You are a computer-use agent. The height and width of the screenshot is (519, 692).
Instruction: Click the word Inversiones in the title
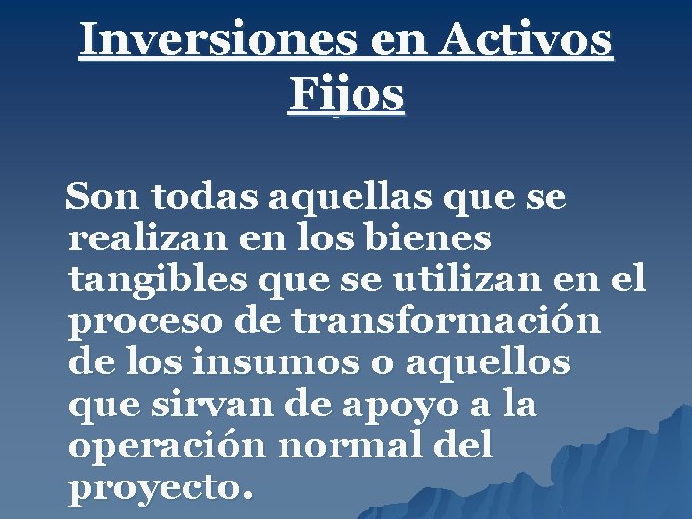203,41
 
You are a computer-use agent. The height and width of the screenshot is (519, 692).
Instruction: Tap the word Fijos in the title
346,95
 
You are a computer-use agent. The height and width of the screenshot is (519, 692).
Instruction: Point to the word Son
103,197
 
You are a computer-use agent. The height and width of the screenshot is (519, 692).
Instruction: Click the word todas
203,197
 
